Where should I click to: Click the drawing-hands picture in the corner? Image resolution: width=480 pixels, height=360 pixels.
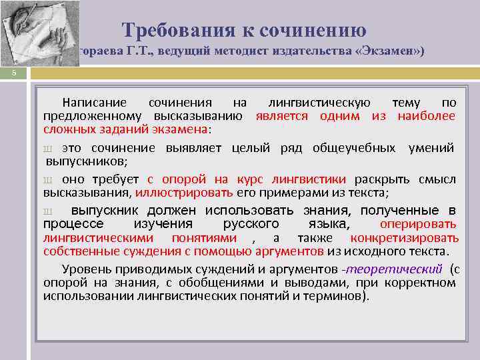(x=39, y=32)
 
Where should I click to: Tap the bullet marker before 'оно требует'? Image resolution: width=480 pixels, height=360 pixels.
(x=47, y=179)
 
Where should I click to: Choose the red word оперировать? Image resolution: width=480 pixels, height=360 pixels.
(x=418, y=224)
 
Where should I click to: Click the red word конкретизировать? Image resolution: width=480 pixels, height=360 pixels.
(x=405, y=238)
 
